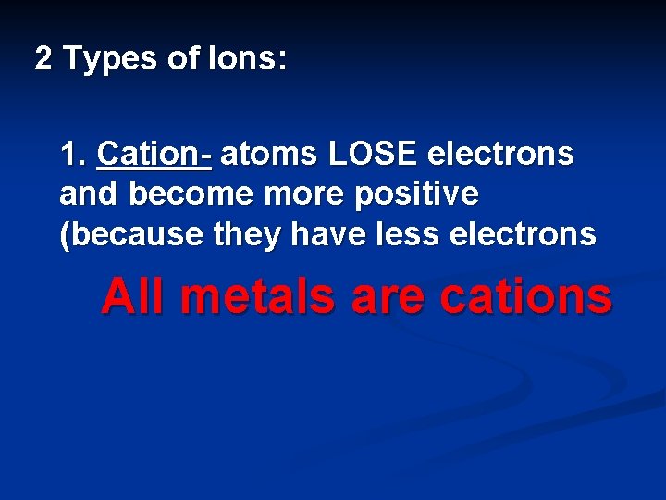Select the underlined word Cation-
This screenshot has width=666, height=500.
coord(154,154)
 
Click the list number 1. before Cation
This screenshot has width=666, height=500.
coord(73,154)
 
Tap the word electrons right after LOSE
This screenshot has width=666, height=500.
coord(490,154)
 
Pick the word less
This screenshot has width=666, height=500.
coord(409,235)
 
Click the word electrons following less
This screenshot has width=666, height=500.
coord(523,235)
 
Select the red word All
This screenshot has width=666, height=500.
coord(135,297)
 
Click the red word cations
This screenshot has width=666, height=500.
coord(526,297)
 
